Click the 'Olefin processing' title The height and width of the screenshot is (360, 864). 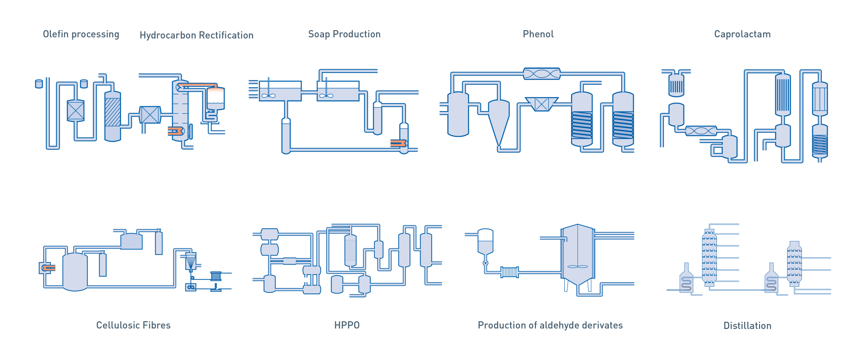pyautogui.click(x=81, y=34)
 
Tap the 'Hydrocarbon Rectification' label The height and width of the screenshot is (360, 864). pyautogui.click(x=197, y=35)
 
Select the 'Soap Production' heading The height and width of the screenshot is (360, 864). pyautogui.click(x=344, y=34)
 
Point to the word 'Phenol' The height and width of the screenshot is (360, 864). pyautogui.click(x=538, y=34)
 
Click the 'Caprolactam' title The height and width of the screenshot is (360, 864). pyautogui.click(x=742, y=34)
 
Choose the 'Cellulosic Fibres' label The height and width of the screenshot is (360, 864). pyautogui.click(x=134, y=325)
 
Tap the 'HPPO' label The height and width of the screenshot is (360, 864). pyautogui.click(x=347, y=325)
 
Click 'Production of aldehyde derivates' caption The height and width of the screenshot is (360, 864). pyautogui.click(x=550, y=325)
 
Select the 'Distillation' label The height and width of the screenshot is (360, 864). pyautogui.click(x=747, y=325)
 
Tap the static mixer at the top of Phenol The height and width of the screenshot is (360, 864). pyautogui.click(x=542, y=74)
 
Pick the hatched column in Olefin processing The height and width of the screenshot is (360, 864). pyautogui.click(x=112, y=116)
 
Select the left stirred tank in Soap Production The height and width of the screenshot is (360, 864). pyautogui.click(x=280, y=91)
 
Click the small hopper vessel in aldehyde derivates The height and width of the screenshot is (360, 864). pyautogui.click(x=486, y=241)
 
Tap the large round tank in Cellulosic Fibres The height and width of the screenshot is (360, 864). pyautogui.click(x=75, y=271)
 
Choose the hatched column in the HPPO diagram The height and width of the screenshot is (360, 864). pyautogui.click(x=351, y=250)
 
